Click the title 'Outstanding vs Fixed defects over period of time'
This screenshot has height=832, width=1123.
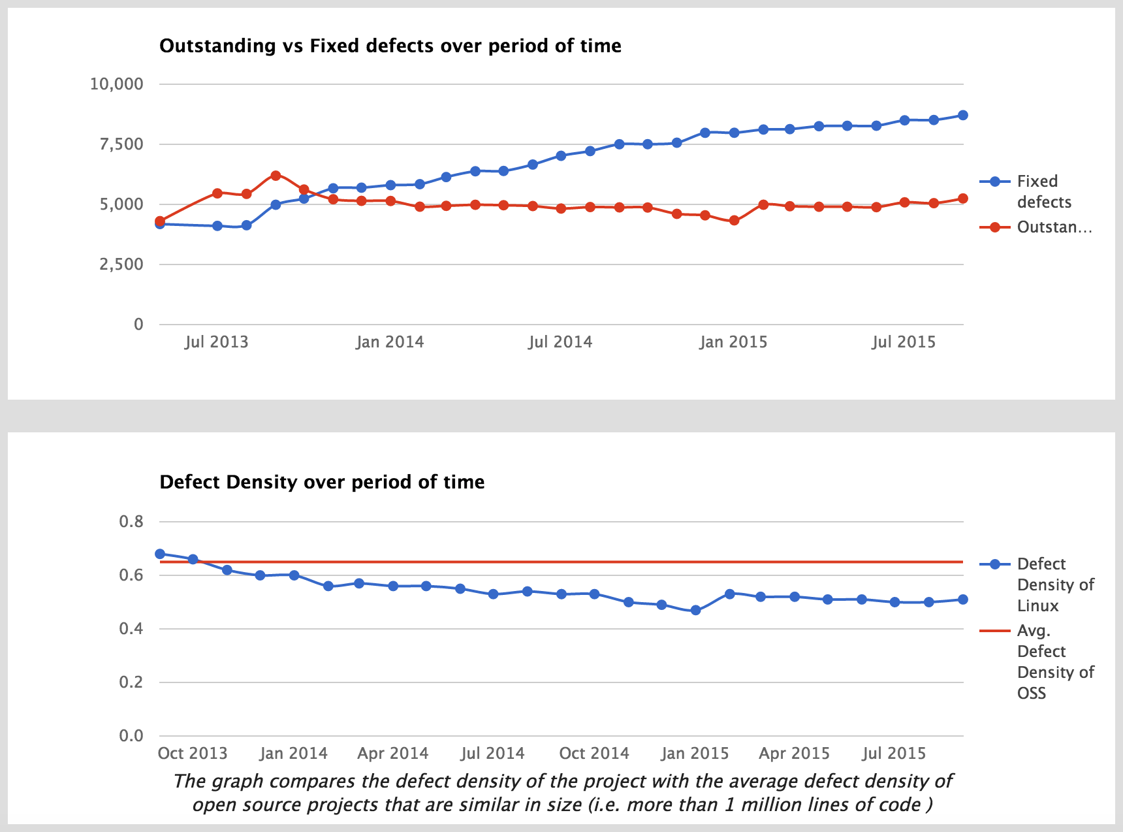click(390, 46)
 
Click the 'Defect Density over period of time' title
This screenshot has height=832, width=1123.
click(322, 482)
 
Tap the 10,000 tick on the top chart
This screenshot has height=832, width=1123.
click(116, 84)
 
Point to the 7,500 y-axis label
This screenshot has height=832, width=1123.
click(121, 144)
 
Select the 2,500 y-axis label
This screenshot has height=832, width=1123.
click(121, 264)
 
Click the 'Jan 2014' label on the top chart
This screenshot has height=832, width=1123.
click(390, 342)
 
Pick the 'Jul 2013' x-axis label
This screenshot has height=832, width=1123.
click(216, 342)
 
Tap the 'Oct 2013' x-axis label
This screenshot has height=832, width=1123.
click(193, 754)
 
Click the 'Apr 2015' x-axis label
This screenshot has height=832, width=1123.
click(794, 754)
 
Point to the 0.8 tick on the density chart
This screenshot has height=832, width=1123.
click(131, 522)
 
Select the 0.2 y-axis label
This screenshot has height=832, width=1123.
click(131, 682)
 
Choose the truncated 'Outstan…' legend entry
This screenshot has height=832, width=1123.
click(1054, 227)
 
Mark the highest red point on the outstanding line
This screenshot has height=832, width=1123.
click(276, 176)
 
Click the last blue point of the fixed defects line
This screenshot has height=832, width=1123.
click(962, 116)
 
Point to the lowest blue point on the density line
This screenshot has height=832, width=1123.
click(695, 610)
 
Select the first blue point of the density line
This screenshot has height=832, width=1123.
click(160, 554)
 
